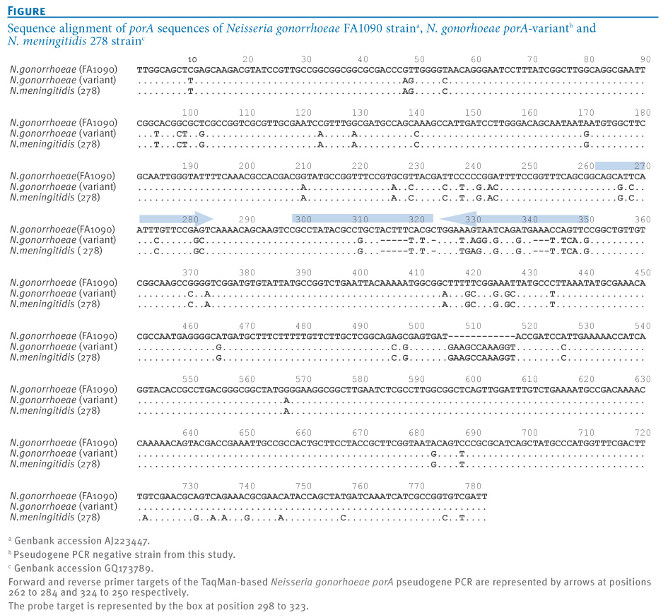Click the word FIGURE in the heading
26,11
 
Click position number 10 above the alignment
192,59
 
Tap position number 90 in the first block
645,59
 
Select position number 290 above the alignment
247,219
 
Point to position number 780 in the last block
473,486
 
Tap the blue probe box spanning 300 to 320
363,219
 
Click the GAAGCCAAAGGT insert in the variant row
482,347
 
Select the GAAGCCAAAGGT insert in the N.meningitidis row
482,357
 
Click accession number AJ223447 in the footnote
127,542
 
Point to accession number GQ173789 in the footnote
129,568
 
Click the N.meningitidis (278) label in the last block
55,517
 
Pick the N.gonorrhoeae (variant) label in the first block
63,80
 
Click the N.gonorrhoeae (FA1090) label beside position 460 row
64,336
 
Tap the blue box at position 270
621,166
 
